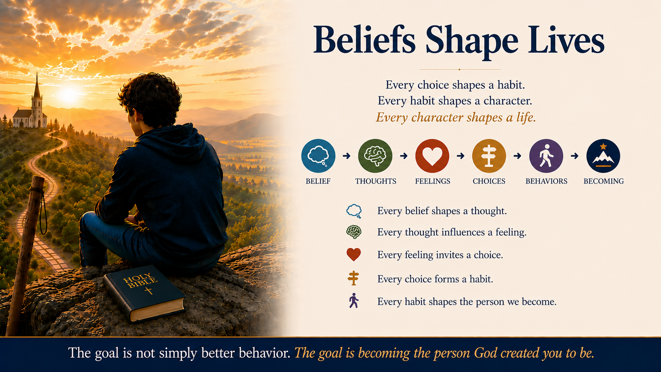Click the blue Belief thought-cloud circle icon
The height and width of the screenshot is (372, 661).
pyautogui.click(x=318, y=156)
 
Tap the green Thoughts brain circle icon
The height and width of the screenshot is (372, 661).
pyautogui.click(x=375, y=156)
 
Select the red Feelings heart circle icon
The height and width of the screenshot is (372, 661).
pyautogui.click(x=432, y=156)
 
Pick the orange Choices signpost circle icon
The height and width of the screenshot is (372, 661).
pyautogui.click(x=489, y=156)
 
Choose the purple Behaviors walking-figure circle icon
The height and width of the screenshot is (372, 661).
pyautogui.click(x=546, y=156)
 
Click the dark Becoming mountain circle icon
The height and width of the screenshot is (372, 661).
pyautogui.click(x=603, y=156)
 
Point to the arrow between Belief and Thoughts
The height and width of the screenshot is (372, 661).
pyautogui.click(x=347, y=156)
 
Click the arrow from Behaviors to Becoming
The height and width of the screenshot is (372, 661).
pyautogui.click(x=574, y=156)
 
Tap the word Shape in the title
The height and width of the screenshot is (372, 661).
pyautogui.click(x=472, y=41)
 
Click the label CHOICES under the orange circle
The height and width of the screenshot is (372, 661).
pyautogui.click(x=489, y=181)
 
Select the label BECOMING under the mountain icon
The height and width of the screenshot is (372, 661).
pyautogui.click(x=603, y=181)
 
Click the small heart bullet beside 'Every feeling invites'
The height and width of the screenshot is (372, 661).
pyautogui.click(x=353, y=255)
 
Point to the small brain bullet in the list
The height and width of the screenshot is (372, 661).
pyautogui.click(x=353, y=232)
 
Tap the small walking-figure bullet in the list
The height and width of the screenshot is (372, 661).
pyautogui.click(x=353, y=300)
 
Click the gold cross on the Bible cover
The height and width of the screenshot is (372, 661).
pyautogui.click(x=148, y=291)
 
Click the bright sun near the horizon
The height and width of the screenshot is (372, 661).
pyautogui.click(x=69, y=95)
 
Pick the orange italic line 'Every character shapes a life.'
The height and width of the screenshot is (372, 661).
pyautogui.click(x=455, y=118)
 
